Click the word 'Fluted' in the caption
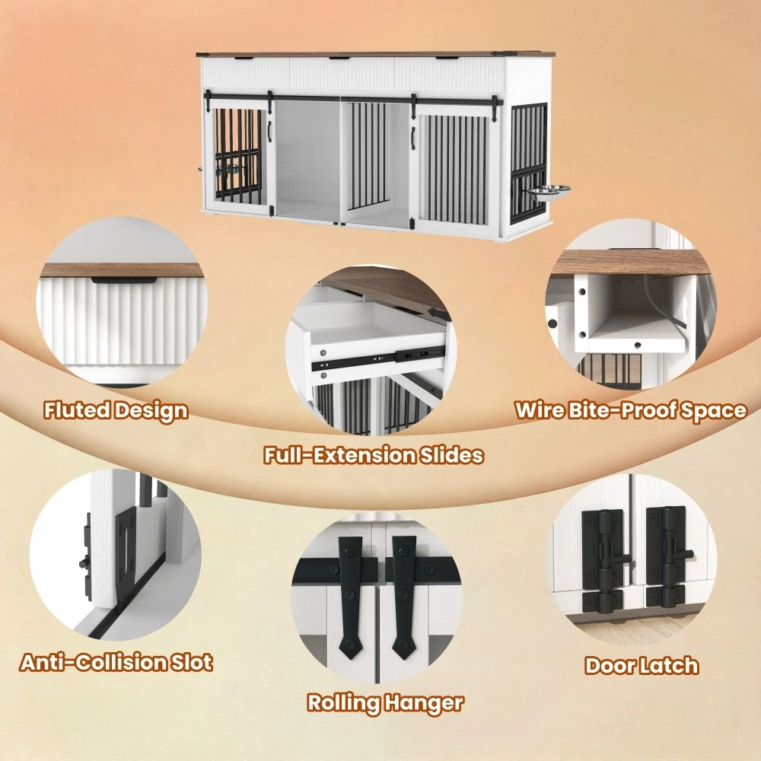76,411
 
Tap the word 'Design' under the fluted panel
151,412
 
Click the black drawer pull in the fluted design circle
124,280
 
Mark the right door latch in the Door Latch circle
667,558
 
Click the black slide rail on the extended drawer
377,357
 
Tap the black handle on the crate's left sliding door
269,129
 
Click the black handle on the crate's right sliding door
413,136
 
